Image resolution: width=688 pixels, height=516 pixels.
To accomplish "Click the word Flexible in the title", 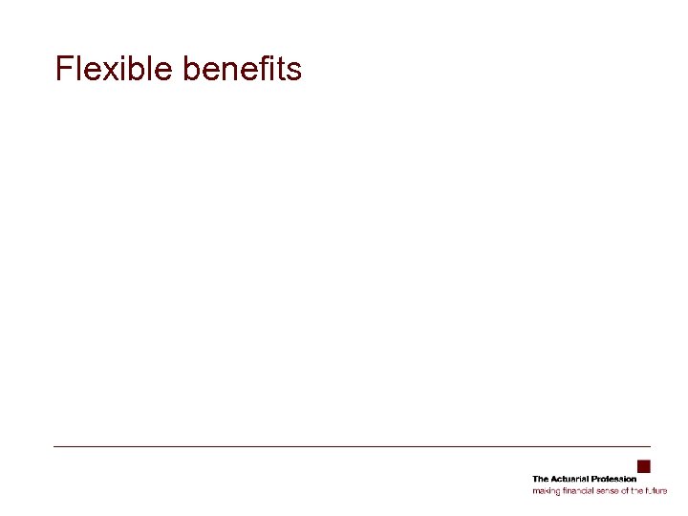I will click(x=113, y=69).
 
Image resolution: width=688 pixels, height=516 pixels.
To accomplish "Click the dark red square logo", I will click(x=644, y=466).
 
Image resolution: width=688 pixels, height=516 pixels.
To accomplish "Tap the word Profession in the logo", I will click(x=613, y=479).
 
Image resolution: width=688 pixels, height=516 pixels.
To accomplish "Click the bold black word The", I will click(x=540, y=479).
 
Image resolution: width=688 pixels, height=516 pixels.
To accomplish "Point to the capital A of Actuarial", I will click(x=553, y=479).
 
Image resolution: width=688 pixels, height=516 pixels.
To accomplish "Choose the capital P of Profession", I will click(x=594, y=479).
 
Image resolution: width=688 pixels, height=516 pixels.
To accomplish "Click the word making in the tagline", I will click(x=545, y=491).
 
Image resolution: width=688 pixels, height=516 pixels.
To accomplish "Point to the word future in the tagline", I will click(x=656, y=490).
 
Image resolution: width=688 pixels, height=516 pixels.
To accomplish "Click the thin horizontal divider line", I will click(x=352, y=446).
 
